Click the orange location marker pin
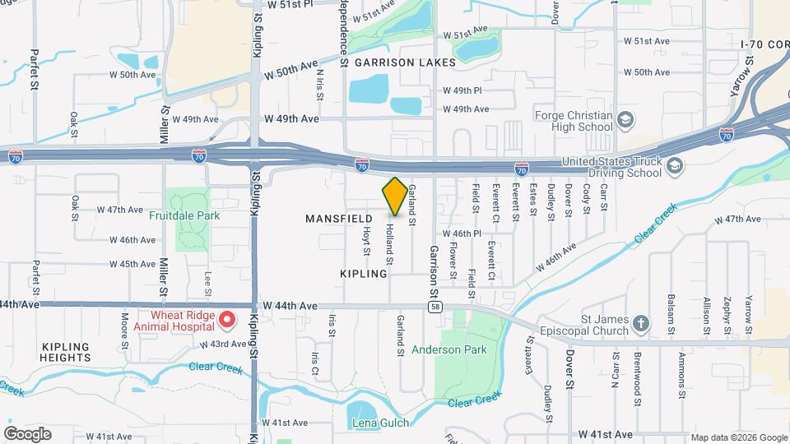click(x=395, y=197)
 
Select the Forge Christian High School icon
click(x=625, y=121)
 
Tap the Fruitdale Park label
click(x=185, y=215)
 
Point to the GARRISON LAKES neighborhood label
click(x=393, y=62)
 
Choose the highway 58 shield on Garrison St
click(x=433, y=306)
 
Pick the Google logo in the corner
click(x=26, y=433)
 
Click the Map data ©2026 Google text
click(x=738, y=437)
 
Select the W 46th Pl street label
click(x=461, y=234)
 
